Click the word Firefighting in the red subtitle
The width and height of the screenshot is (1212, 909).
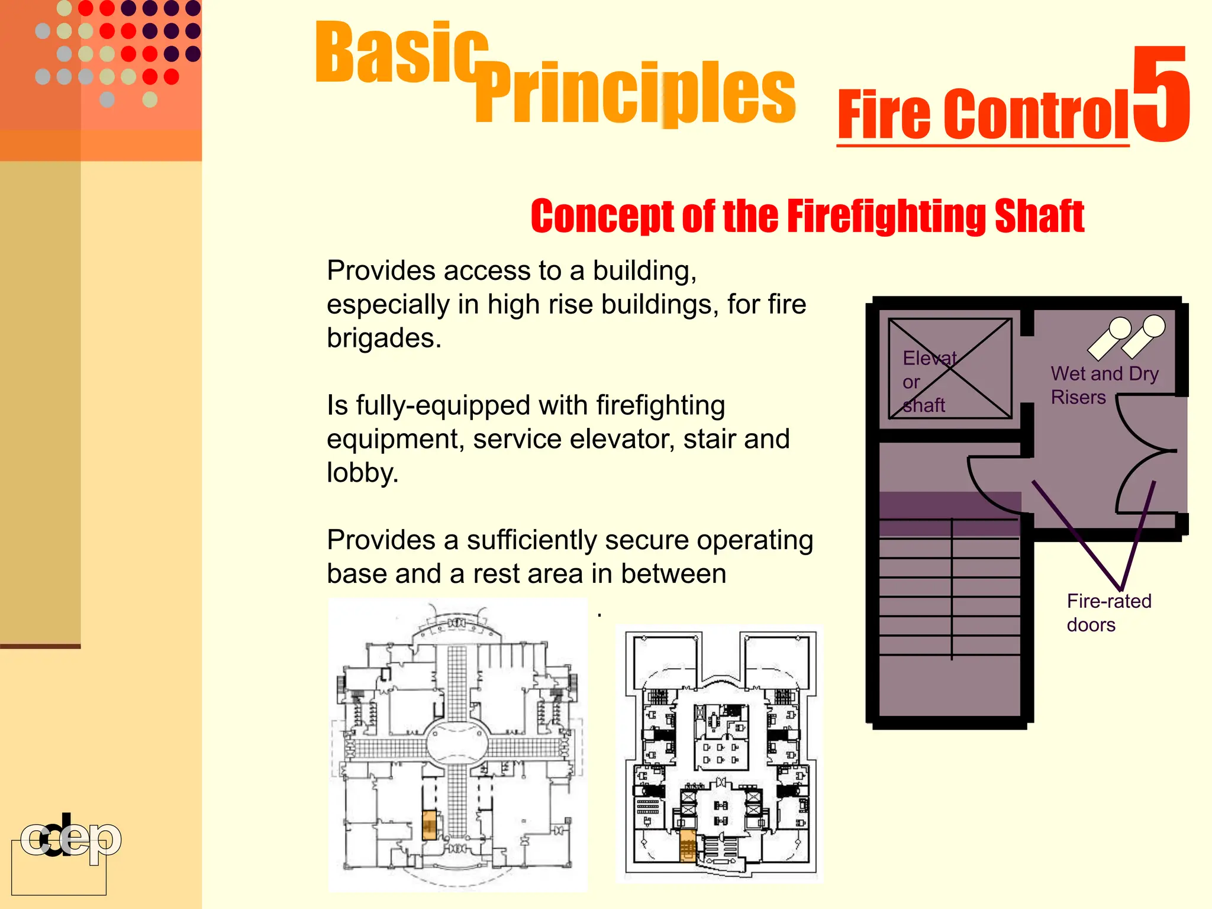888,216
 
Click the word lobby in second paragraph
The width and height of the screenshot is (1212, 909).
362,473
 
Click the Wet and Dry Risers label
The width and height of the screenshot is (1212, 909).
1104,385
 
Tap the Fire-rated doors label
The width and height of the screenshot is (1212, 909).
1108,613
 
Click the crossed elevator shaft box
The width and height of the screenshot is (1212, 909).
950,369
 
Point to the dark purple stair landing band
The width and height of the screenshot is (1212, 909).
949,513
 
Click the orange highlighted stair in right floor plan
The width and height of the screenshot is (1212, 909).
687,845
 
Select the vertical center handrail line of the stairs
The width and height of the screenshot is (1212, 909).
952,589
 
